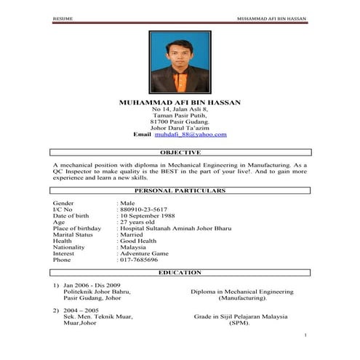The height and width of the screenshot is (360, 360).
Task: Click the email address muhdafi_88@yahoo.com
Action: pos(191,135)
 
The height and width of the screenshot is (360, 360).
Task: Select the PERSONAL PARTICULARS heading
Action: pos(180,190)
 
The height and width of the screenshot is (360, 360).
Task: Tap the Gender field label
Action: pos(63,202)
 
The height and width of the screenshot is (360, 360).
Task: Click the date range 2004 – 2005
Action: pos(79,311)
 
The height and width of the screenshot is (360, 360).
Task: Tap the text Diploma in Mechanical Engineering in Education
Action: pos(242,292)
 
